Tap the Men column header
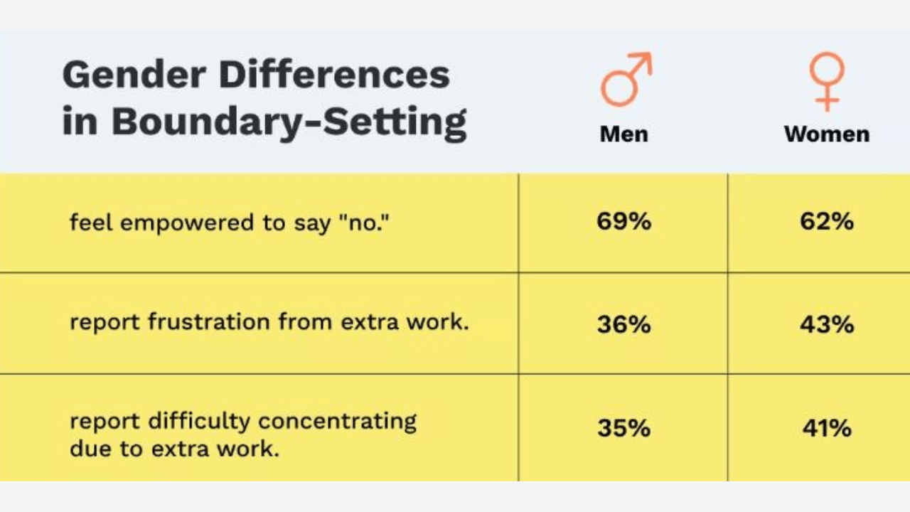point(624,134)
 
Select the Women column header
point(827,134)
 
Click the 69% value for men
point(624,221)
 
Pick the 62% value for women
point(827,221)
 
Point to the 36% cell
point(624,325)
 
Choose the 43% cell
point(827,325)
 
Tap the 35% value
point(624,428)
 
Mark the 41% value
point(827,428)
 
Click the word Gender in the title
point(134,75)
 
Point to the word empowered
point(187,224)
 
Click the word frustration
point(209,322)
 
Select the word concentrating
point(337,422)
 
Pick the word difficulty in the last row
point(199,422)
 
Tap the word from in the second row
point(306,322)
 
